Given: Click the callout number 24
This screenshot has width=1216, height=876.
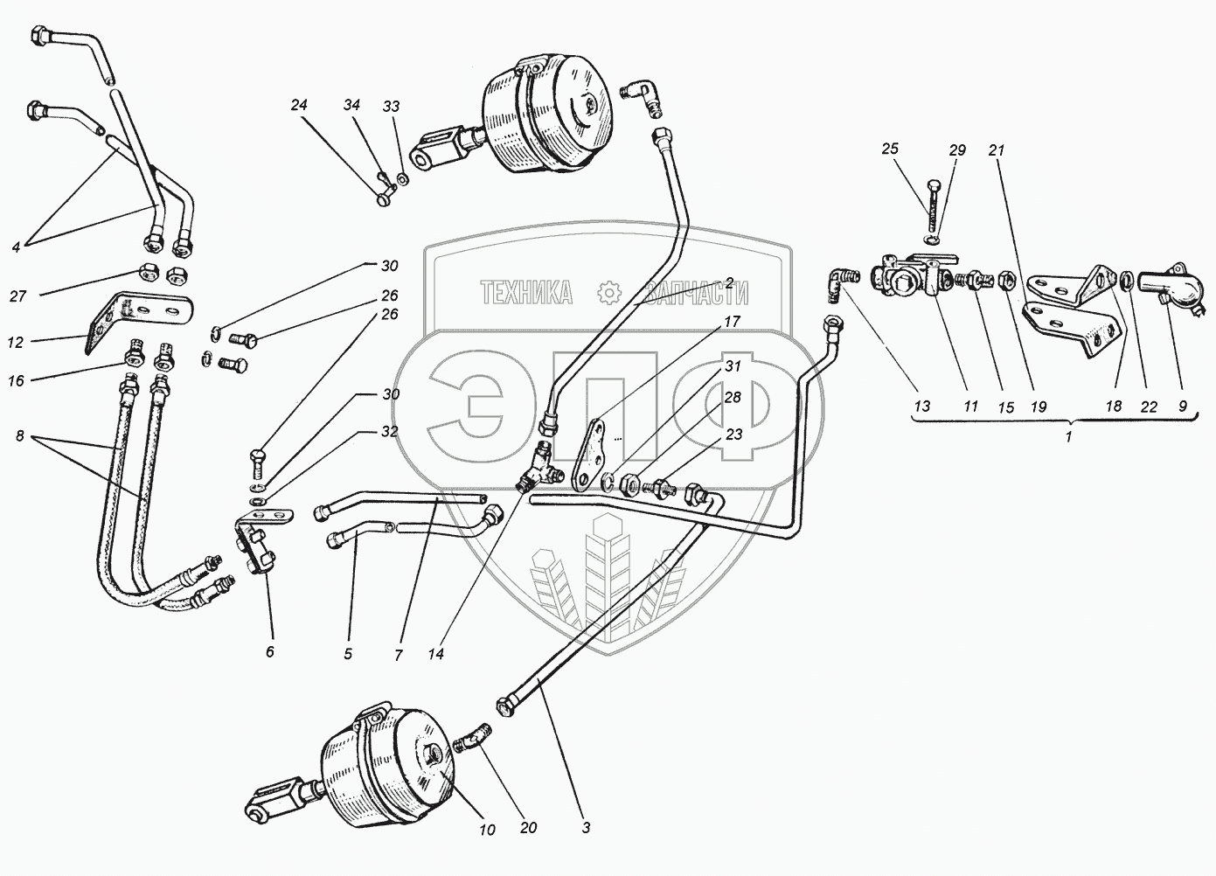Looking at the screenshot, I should [x=300, y=106].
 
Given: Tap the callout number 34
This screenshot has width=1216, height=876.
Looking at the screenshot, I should [x=351, y=106].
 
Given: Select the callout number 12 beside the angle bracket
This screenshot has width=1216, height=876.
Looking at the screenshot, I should [x=16, y=343].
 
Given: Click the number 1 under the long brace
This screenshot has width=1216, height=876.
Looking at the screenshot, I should [x=1067, y=437].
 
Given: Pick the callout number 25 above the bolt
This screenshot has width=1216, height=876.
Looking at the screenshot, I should [x=890, y=149].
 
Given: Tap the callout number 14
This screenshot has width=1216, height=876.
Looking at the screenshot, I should [x=435, y=653].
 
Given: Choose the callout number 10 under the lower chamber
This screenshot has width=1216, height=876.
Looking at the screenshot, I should [x=486, y=829].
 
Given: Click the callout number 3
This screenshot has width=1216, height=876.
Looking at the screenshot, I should [x=586, y=827].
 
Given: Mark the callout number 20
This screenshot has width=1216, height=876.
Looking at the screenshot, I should [x=527, y=828].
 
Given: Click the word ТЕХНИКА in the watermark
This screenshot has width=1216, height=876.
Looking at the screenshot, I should [x=526, y=294].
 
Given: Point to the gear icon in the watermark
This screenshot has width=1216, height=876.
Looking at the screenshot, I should [x=607, y=292].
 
